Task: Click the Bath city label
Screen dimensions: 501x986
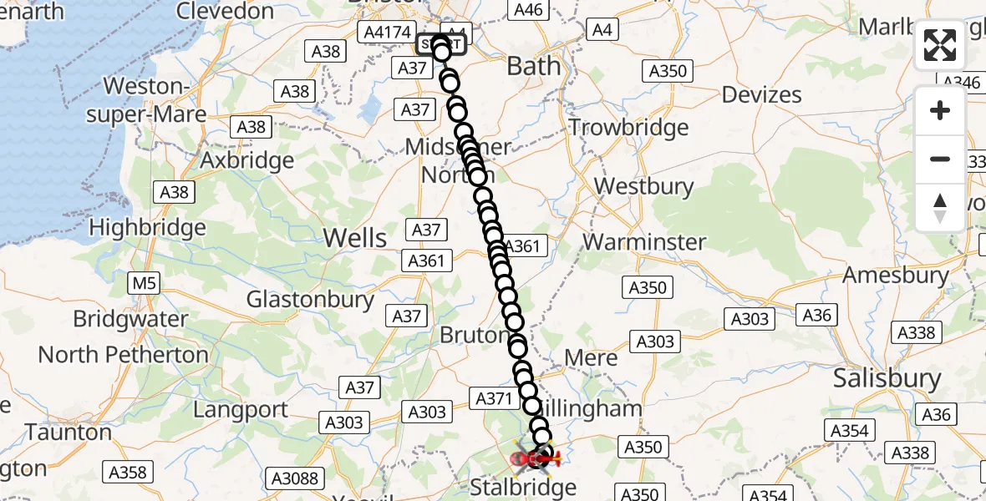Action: click(x=534, y=66)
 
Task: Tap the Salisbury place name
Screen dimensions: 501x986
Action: click(x=887, y=378)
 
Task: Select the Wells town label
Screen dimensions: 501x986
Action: click(x=355, y=237)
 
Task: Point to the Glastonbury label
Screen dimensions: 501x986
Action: click(x=310, y=299)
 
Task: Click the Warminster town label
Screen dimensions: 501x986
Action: click(x=644, y=242)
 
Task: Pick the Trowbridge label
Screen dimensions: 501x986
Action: click(x=628, y=128)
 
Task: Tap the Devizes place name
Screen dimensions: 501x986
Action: click(x=761, y=94)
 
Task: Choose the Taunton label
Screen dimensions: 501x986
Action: click(x=69, y=433)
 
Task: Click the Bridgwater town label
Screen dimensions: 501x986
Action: click(x=130, y=319)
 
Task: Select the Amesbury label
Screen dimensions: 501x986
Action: click(x=895, y=275)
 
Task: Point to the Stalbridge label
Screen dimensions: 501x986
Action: click(x=523, y=487)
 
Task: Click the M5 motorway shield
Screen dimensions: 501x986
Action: click(x=144, y=284)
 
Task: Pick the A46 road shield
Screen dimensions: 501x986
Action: click(x=528, y=10)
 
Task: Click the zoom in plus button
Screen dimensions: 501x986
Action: click(x=940, y=110)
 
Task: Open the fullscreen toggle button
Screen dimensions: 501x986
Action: click(x=940, y=45)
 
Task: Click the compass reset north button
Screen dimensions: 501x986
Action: click(x=940, y=208)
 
